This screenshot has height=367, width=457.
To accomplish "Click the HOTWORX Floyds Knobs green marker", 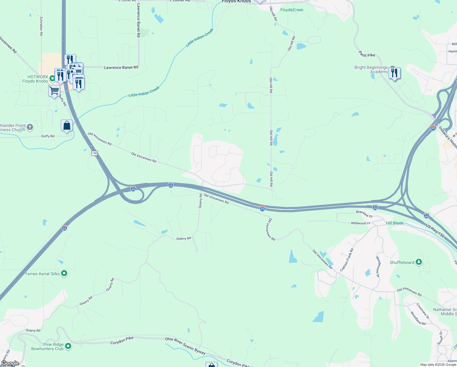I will (x=52, y=79).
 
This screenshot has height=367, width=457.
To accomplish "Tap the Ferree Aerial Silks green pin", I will (x=64, y=273).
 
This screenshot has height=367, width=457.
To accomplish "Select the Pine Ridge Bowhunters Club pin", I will (x=68, y=346).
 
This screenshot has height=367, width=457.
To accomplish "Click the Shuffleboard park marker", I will (x=419, y=262).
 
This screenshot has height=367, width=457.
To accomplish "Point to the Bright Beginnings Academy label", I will (x=371, y=69).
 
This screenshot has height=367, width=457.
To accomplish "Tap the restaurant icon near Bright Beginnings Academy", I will (x=394, y=73).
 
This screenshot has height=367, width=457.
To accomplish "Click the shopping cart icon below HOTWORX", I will (x=54, y=91).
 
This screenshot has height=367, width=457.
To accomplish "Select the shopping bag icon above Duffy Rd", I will (x=67, y=125).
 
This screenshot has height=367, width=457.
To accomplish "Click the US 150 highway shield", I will (x=94, y=153).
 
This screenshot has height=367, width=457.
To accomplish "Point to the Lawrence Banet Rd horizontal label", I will (x=121, y=67).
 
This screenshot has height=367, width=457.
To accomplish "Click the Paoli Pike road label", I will (x=367, y=55).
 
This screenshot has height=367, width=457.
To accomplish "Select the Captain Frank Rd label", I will (x=347, y=260).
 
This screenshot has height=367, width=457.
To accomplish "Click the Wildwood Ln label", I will (x=360, y=223).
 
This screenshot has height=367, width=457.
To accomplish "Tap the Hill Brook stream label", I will (x=394, y=223).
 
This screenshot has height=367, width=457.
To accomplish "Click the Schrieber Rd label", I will (x=41, y=26).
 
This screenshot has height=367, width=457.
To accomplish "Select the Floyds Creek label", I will (x=292, y=10).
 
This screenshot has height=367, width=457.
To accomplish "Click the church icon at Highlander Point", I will (x=30, y=127).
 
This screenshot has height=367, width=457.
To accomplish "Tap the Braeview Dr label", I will (x=364, y=214).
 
